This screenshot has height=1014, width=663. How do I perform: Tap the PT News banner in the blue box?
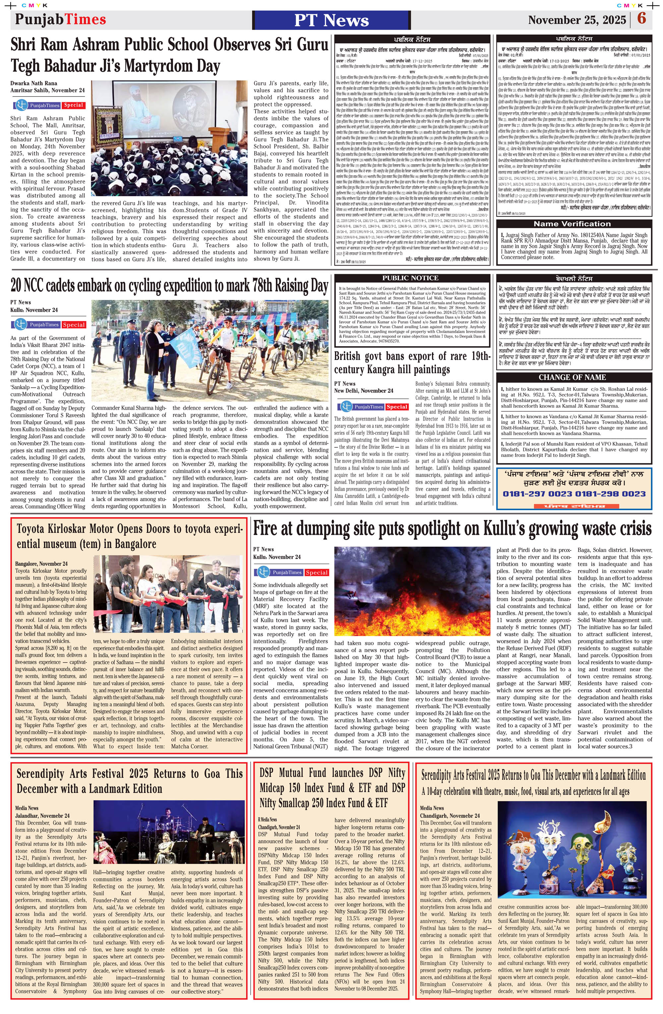coord(331,20)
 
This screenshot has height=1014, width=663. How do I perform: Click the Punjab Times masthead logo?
coord(60,19)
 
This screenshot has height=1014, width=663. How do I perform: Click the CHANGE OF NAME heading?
coord(572,377)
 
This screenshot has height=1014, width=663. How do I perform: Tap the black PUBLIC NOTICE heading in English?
coord(410,278)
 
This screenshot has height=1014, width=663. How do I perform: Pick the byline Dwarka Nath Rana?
coord(34,83)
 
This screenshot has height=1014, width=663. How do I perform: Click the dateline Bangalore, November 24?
coord(41,563)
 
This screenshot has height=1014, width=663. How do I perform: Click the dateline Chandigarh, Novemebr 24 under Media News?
coord(450,815)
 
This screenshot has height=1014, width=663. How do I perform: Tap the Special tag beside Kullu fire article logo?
coord(317,572)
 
